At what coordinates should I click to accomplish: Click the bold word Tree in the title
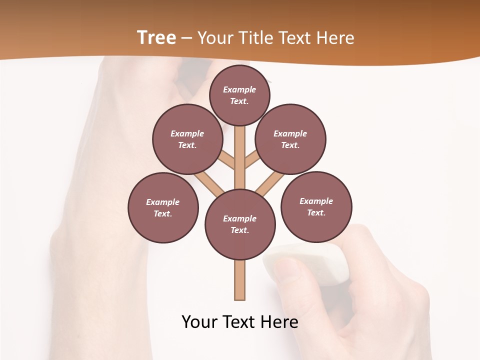point(156,37)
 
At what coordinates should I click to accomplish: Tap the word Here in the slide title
point(334,38)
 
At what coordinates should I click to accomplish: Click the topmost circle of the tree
point(239,95)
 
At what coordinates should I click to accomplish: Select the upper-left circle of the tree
point(187,139)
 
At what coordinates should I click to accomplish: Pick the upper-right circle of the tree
point(290,139)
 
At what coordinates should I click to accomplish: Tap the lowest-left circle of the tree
point(163,207)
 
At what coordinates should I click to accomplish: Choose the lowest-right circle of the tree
point(316,206)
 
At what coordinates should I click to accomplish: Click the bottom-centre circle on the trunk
point(240,224)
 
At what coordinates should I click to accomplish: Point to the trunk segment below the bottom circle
point(240,280)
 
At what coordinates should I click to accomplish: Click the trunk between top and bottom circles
point(240,157)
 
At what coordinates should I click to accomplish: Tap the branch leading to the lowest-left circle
point(210,184)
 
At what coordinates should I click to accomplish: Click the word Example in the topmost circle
point(239,89)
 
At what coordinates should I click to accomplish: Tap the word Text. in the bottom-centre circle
point(239,230)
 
